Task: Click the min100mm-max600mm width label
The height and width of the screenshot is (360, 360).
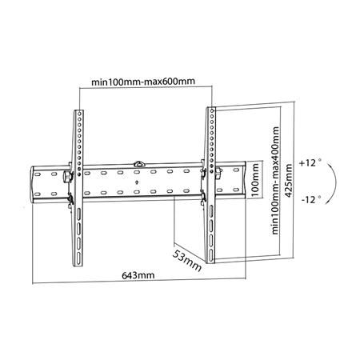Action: tap(143, 81)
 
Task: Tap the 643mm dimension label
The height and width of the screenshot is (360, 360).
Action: tap(138, 275)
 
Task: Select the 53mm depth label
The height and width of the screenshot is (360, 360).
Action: tap(186, 260)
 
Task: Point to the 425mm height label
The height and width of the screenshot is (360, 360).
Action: tap(289, 181)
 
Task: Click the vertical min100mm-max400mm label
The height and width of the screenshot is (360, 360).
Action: tap(275, 181)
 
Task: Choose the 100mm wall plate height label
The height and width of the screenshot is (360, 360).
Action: tap(255, 180)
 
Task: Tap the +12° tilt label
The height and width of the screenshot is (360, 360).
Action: tap(310, 163)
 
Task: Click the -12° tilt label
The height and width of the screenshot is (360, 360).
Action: tap(311, 199)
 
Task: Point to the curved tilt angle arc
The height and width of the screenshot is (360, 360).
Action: tap(335, 183)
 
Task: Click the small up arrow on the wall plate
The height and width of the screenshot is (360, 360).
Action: tap(137, 182)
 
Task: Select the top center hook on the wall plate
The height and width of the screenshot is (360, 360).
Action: tap(138, 163)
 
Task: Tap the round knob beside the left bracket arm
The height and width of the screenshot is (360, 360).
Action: tap(66, 177)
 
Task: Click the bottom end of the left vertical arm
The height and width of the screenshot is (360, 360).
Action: tap(78, 265)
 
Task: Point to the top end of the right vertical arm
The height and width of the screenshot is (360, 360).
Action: tap(211, 108)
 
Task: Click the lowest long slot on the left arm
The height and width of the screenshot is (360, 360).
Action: tap(78, 258)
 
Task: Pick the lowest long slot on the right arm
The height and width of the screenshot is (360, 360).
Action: tap(211, 256)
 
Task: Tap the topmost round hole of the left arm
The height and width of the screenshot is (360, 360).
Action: tap(79, 114)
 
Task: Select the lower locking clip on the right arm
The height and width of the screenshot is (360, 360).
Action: tap(203, 197)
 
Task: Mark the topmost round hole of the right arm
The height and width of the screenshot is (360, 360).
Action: tap(212, 110)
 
